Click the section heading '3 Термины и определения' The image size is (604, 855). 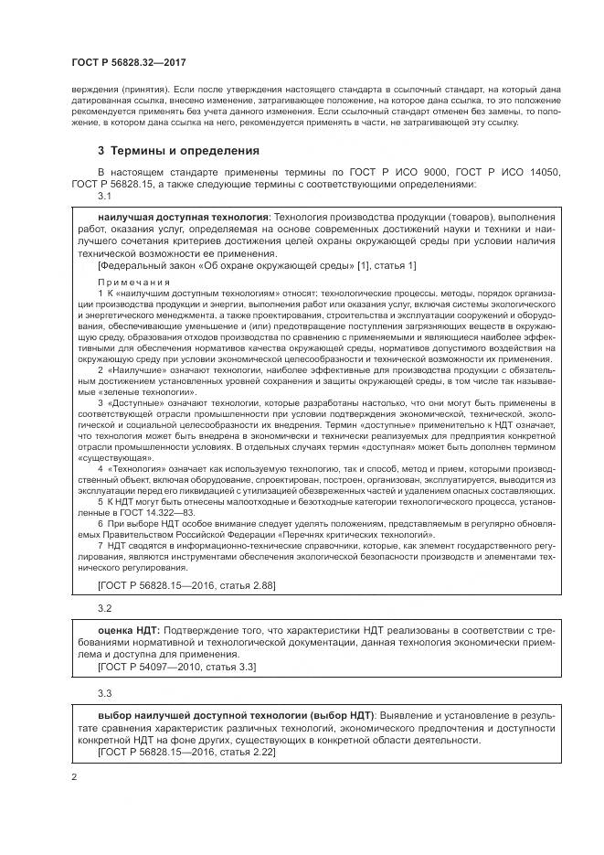(x=178, y=150)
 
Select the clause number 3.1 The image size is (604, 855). (x=104, y=196)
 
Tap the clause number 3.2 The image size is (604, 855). (x=104, y=607)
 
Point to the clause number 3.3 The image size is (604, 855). (x=104, y=693)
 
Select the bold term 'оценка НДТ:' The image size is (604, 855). (x=129, y=631)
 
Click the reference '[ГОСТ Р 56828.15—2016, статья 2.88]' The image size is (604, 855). (x=185, y=584)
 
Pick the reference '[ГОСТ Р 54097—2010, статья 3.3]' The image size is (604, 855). (x=176, y=667)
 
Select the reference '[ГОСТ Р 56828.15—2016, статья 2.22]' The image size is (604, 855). (x=185, y=752)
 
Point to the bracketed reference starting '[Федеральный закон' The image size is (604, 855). (x=256, y=265)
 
